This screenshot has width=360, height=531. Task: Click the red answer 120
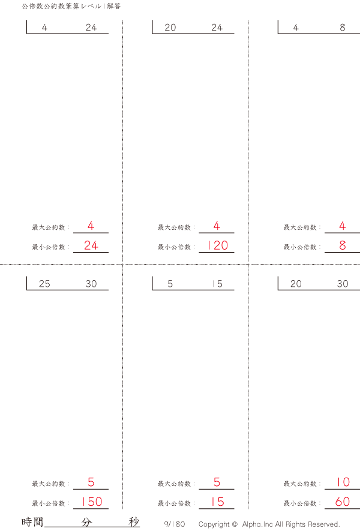(217, 245)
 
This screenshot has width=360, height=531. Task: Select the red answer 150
(91, 502)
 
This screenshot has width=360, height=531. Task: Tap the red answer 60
(343, 502)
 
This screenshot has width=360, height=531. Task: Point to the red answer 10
(343, 482)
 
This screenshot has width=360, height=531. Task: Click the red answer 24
(91, 245)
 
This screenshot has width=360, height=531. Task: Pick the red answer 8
(343, 245)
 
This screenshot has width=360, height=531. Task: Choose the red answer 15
(217, 502)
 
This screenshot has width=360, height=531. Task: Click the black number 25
(44, 284)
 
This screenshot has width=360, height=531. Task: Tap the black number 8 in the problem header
(343, 28)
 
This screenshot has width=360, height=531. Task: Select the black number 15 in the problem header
(217, 284)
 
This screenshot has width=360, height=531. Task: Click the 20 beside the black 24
(170, 28)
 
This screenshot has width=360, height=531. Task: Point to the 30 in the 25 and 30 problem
(91, 284)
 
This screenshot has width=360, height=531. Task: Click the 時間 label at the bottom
(32, 522)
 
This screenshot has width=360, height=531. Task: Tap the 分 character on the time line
(86, 522)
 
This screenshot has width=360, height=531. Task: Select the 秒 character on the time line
(134, 522)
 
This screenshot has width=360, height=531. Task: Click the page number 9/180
(175, 524)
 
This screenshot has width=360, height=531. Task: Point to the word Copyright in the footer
(214, 524)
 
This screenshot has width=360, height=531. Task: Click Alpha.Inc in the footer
(257, 524)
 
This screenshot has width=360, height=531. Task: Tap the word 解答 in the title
(114, 6)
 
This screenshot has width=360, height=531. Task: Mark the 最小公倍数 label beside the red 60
(300, 503)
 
